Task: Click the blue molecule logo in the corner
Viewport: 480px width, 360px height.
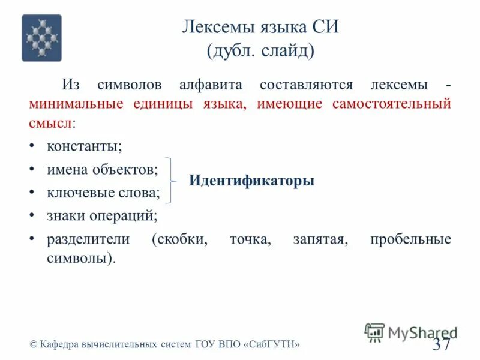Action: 41,38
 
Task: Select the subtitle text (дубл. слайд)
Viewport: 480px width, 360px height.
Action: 260,50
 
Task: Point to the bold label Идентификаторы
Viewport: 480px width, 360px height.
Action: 251,180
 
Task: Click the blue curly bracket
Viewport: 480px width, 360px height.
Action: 172,180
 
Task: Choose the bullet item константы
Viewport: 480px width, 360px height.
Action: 84,146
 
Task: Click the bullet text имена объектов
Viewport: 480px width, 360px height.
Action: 103,170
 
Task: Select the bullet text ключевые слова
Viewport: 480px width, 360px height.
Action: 103,193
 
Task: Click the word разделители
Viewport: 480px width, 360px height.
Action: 88,239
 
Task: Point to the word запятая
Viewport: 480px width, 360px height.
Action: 320,239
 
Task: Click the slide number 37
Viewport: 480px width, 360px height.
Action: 441,344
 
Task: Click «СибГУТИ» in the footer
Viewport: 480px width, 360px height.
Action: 271,344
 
